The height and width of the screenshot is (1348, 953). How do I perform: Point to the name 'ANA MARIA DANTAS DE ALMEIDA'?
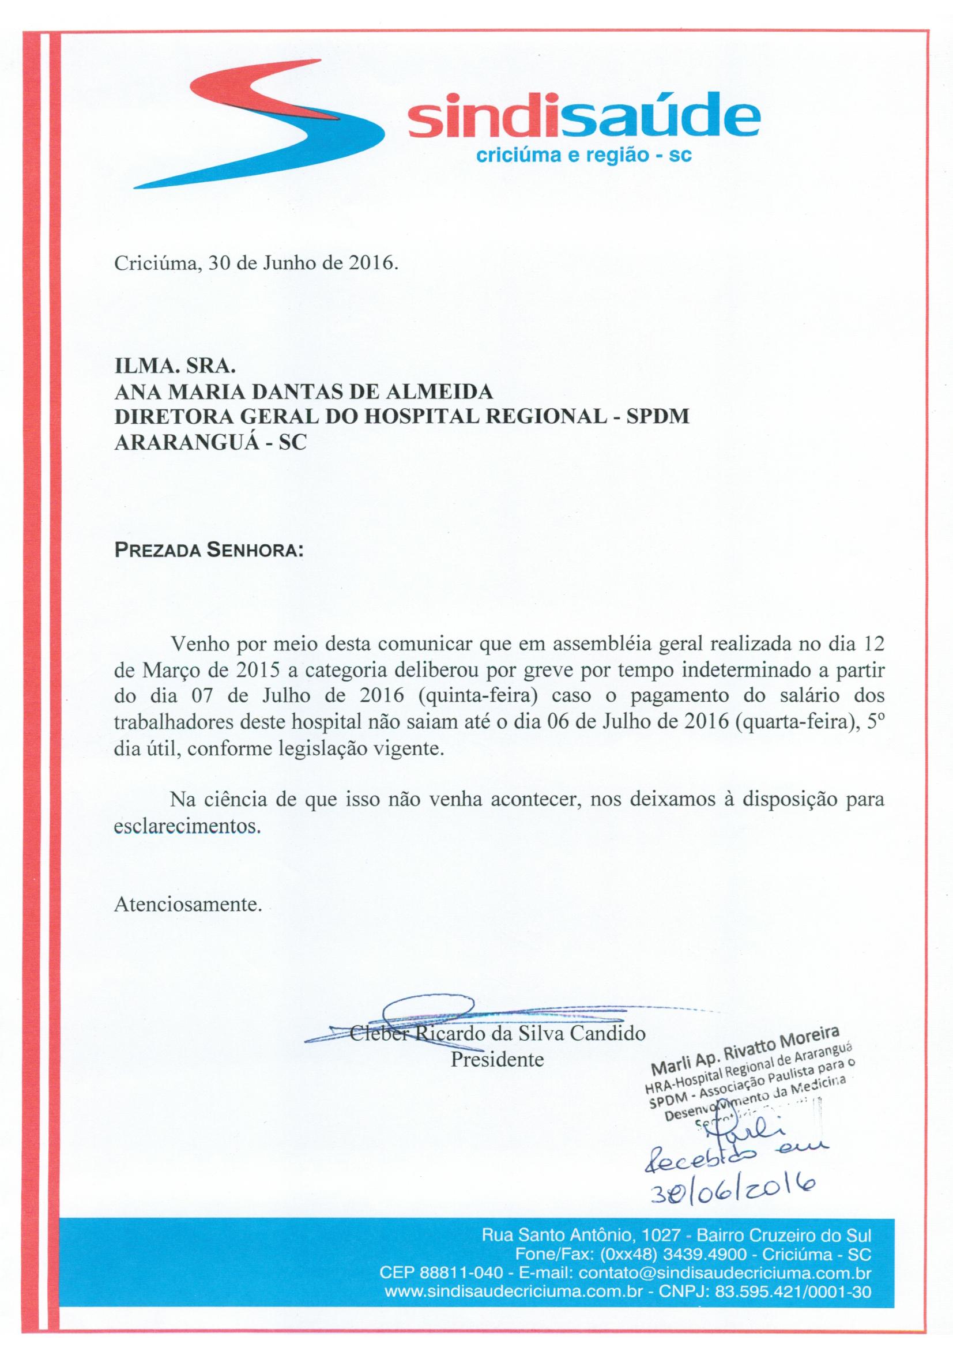[303, 392]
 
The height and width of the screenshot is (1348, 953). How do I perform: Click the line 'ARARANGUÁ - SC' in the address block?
[210, 443]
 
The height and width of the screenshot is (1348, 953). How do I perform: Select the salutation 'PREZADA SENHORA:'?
[209, 552]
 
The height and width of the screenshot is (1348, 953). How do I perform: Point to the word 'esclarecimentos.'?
[187, 826]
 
